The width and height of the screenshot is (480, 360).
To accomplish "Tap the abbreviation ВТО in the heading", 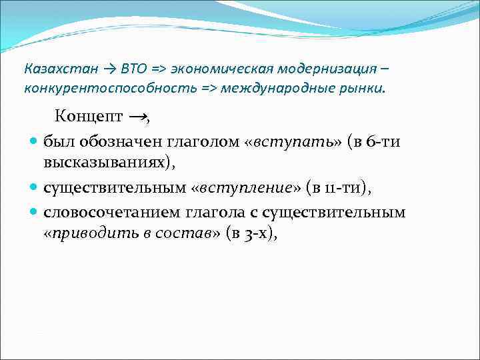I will (136, 69).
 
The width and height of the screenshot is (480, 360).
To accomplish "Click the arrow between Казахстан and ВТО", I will (110, 69).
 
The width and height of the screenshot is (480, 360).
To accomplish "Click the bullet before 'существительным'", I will (34, 189).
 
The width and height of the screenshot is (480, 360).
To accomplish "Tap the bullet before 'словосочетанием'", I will (34, 213).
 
